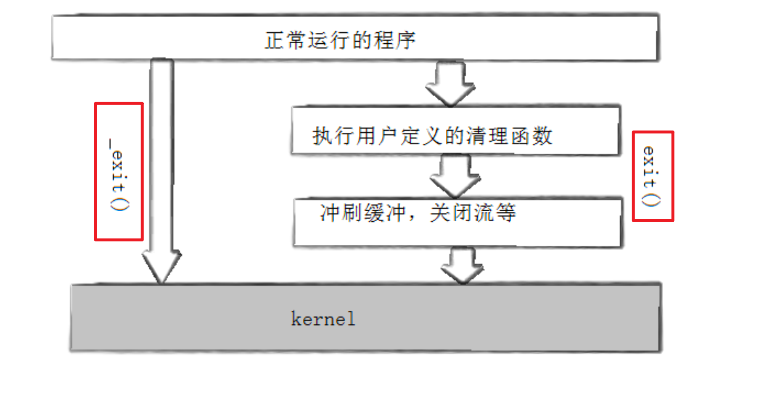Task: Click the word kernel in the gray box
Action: pyautogui.click(x=323, y=319)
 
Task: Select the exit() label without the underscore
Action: pyautogui.click(x=651, y=176)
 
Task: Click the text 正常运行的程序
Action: pyautogui.click(x=340, y=41)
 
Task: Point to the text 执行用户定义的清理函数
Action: pyautogui.click(x=432, y=136)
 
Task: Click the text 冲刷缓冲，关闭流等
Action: pyautogui.click(x=417, y=213)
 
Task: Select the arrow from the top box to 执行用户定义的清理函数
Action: pyautogui.click(x=450, y=84)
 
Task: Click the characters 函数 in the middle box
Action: pyautogui.click(x=531, y=136)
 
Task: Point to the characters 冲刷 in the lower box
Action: pyautogui.click(x=341, y=213)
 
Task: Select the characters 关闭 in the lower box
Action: pyautogui.click(x=451, y=213)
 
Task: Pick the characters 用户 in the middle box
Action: pyautogui.click(x=377, y=136)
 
